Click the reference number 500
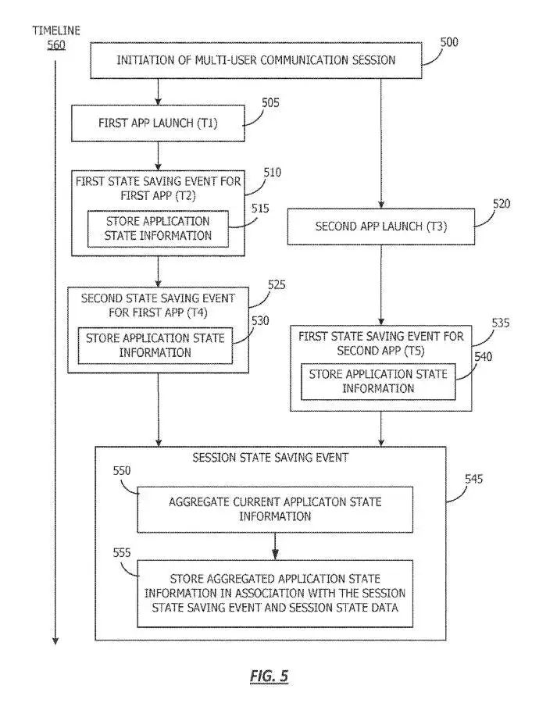click(x=448, y=42)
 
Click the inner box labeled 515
click(x=159, y=228)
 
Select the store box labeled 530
click(x=155, y=345)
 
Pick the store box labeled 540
click(x=378, y=381)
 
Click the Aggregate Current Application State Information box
click(x=275, y=509)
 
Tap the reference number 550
click(x=121, y=471)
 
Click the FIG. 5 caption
click(x=269, y=676)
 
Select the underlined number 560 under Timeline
click(x=55, y=45)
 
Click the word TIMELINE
click(x=55, y=30)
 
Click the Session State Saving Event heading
click(x=269, y=458)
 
